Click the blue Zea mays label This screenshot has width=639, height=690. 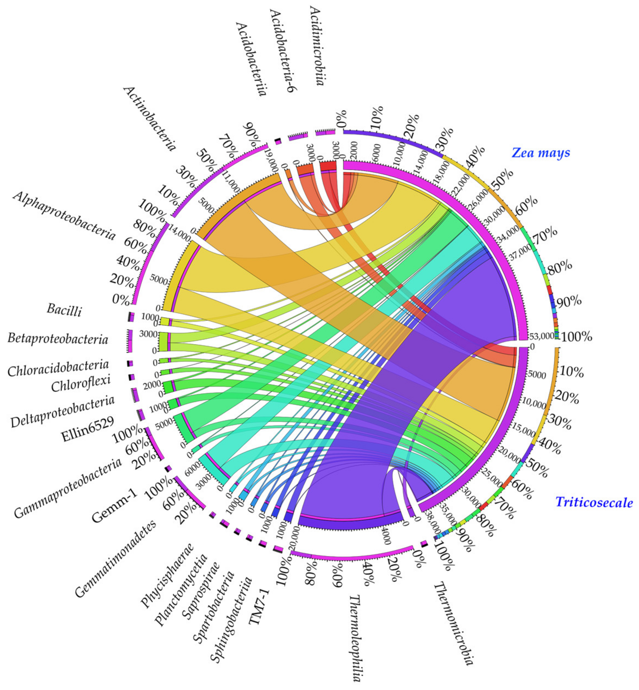541,152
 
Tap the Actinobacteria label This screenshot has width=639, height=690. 149,119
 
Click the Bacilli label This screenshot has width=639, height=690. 64,310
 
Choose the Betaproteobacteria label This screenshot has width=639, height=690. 58,339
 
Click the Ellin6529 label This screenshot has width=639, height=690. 87,429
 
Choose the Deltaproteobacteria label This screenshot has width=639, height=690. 62,411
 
